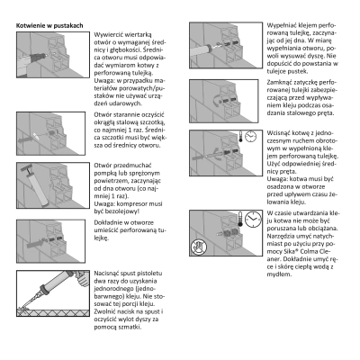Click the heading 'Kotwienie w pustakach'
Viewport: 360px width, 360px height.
tap(49, 25)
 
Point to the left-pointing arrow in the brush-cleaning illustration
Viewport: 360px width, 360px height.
tap(25, 139)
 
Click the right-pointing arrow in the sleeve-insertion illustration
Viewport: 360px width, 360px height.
tap(35, 243)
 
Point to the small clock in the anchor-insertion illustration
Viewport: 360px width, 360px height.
tap(250, 137)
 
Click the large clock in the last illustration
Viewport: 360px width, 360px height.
tap(253, 219)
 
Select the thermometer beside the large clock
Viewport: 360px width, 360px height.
tap(240, 219)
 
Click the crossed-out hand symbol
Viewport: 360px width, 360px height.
tap(199, 247)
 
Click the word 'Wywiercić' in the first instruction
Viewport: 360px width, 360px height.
tap(108, 34)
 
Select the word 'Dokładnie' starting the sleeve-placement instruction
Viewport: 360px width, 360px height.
tap(108, 222)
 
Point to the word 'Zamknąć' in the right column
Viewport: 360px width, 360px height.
tap(280, 82)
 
